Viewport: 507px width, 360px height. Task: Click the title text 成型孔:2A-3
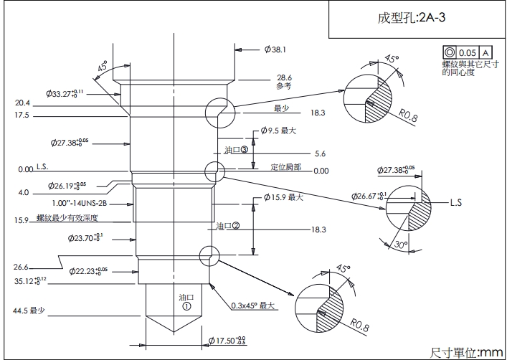[411, 19]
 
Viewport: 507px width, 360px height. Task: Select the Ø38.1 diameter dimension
[275, 49]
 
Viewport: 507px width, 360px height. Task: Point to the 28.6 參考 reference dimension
[285, 81]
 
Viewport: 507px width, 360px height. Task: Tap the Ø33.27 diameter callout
[65, 93]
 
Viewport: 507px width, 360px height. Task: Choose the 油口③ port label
[236, 151]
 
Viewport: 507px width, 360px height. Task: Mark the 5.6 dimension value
[320, 153]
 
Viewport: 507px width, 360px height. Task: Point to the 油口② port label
[227, 225]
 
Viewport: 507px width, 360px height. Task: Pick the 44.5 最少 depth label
[28, 311]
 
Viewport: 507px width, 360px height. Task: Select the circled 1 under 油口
[186, 305]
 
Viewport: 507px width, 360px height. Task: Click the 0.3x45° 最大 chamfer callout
[253, 305]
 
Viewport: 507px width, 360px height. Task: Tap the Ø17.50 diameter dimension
[226, 339]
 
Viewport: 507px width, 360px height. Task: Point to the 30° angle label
[402, 245]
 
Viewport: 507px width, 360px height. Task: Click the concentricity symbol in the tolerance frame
[450, 52]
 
